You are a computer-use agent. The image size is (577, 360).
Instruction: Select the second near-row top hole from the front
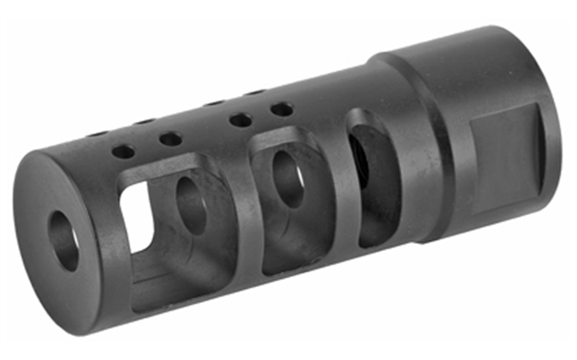[x=169, y=138]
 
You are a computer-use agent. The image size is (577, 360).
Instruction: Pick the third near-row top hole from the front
[x=241, y=120]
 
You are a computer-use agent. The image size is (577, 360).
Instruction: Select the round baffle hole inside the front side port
[x=191, y=204]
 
